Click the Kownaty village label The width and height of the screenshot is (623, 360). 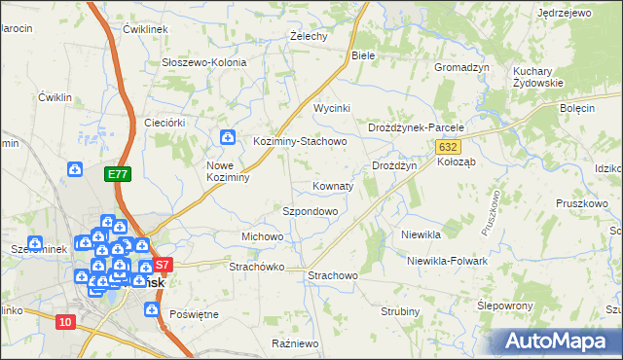333,185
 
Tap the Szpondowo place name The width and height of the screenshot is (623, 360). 310,210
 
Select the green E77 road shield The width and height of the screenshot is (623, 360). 118,174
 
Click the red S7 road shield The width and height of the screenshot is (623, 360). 163,264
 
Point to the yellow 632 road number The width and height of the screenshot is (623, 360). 447,146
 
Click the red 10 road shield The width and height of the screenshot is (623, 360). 65,322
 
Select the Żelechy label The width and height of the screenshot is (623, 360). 308,36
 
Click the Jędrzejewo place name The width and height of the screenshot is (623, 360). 564,13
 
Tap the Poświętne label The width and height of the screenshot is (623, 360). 194,314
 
